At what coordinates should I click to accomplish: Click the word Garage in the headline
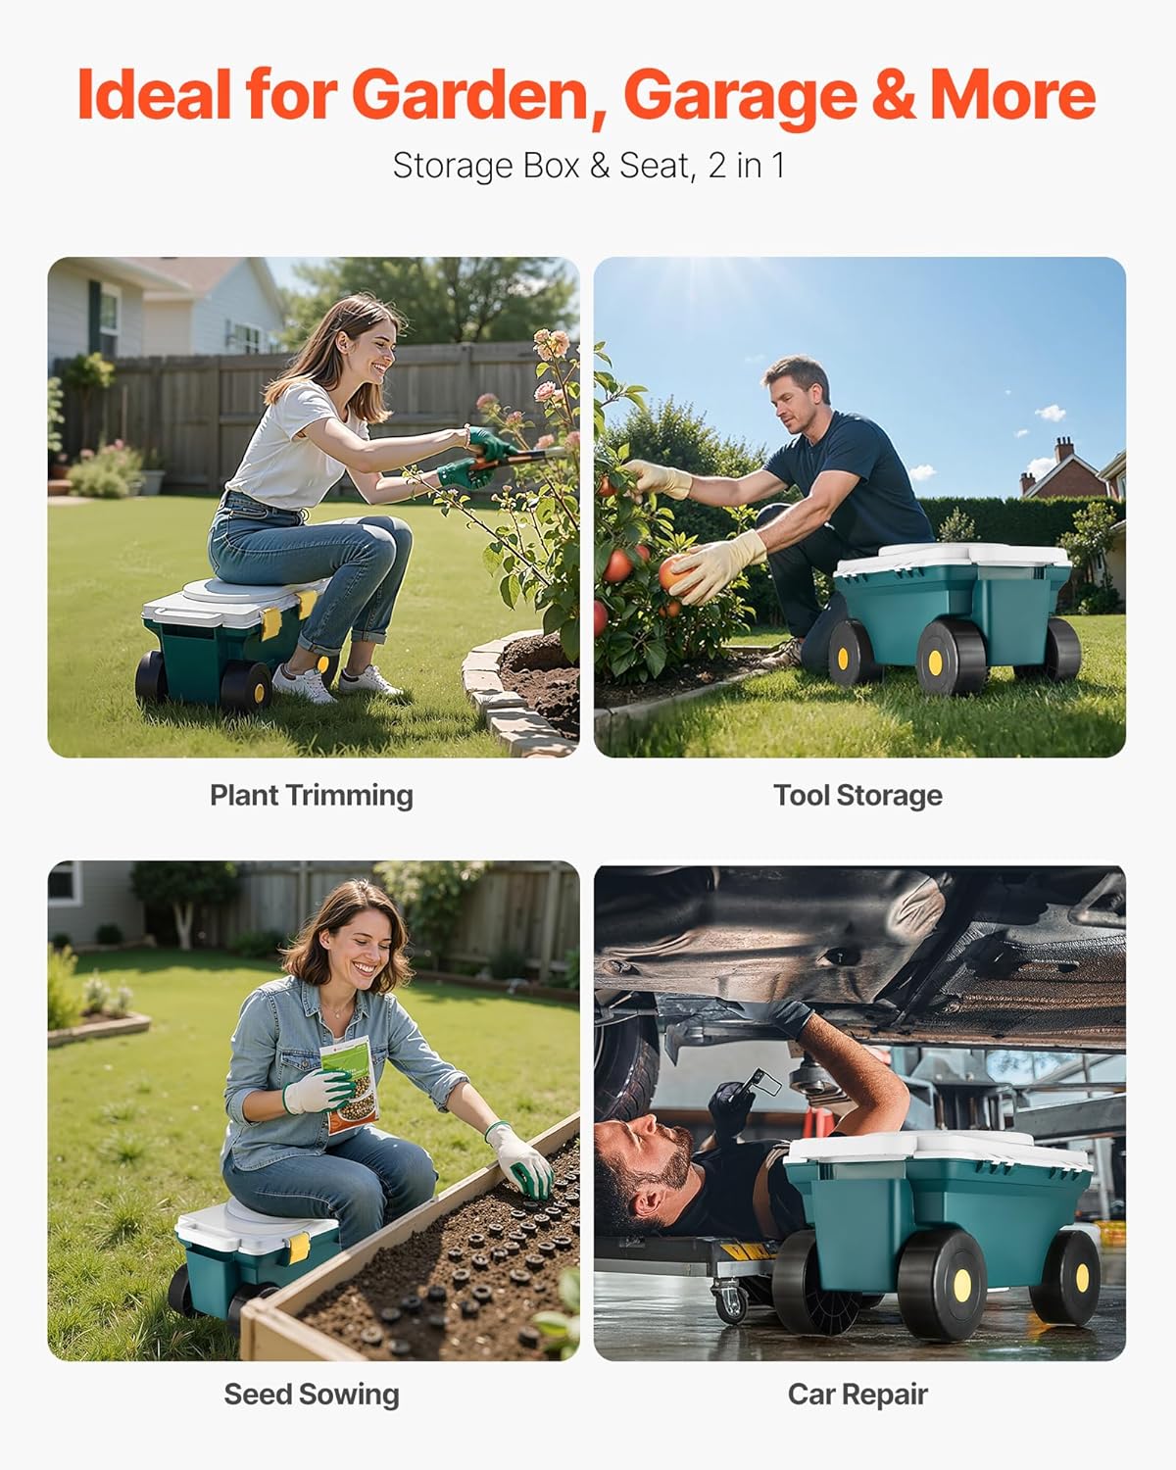[739, 95]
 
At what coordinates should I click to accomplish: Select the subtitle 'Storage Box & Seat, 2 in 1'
[588, 166]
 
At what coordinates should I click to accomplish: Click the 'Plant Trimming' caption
[312, 795]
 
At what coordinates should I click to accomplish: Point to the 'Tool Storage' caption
[857, 795]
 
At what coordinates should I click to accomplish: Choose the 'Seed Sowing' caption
[312, 1394]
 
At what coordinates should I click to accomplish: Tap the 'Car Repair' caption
[857, 1394]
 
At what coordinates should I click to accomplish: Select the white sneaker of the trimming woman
[304, 683]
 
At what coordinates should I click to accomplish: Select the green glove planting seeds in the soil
[524, 1166]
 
